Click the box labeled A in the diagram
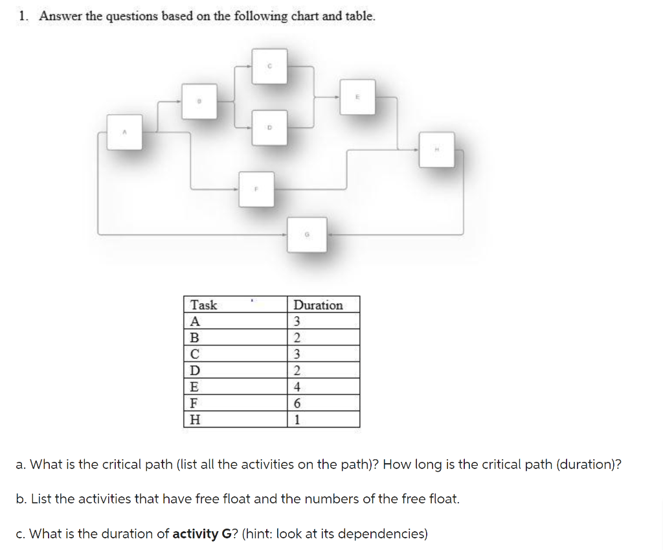tap(124, 132)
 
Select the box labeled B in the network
tap(199, 100)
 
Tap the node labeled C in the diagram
tap(269, 65)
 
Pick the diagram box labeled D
tap(269, 128)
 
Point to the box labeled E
tap(357, 97)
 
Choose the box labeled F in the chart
tap(256, 189)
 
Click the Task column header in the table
tap(204, 305)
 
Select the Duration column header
tap(318, 305)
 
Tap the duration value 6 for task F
tap(297, 403)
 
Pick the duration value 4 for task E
tap(297, 387)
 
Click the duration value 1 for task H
tap(297, 419)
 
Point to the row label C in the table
tap(195, 354)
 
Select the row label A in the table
tap(195, 321)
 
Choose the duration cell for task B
tap(297, 338)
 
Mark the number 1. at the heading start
tap(24, 17)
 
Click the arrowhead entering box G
tap(288, 234)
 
